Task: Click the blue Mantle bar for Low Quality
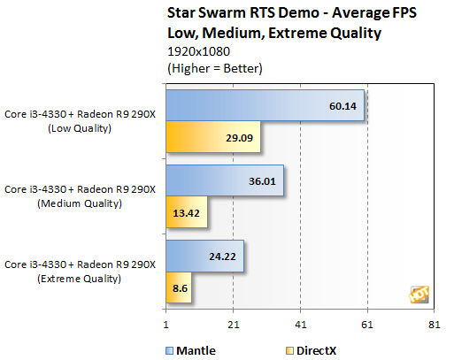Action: (265, 105)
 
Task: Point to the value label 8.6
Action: (179, 288)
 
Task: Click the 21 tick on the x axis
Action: (233, 325)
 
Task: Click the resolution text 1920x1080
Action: (192, 51)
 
